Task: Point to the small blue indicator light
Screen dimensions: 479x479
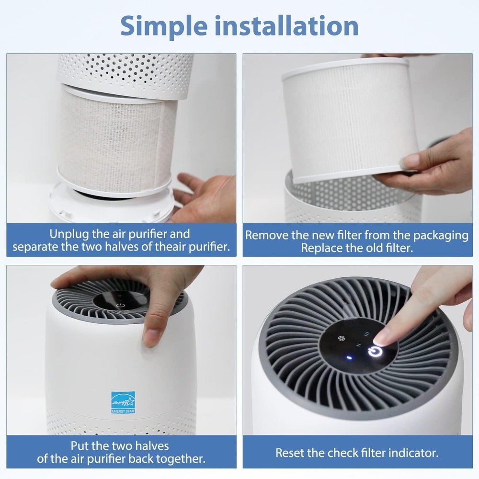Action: pos(350,357)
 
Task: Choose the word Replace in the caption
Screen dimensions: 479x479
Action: pos(319,249)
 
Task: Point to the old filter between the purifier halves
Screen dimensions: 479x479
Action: pos(115,139)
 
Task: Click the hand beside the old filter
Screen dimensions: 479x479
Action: pos(204,196)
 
